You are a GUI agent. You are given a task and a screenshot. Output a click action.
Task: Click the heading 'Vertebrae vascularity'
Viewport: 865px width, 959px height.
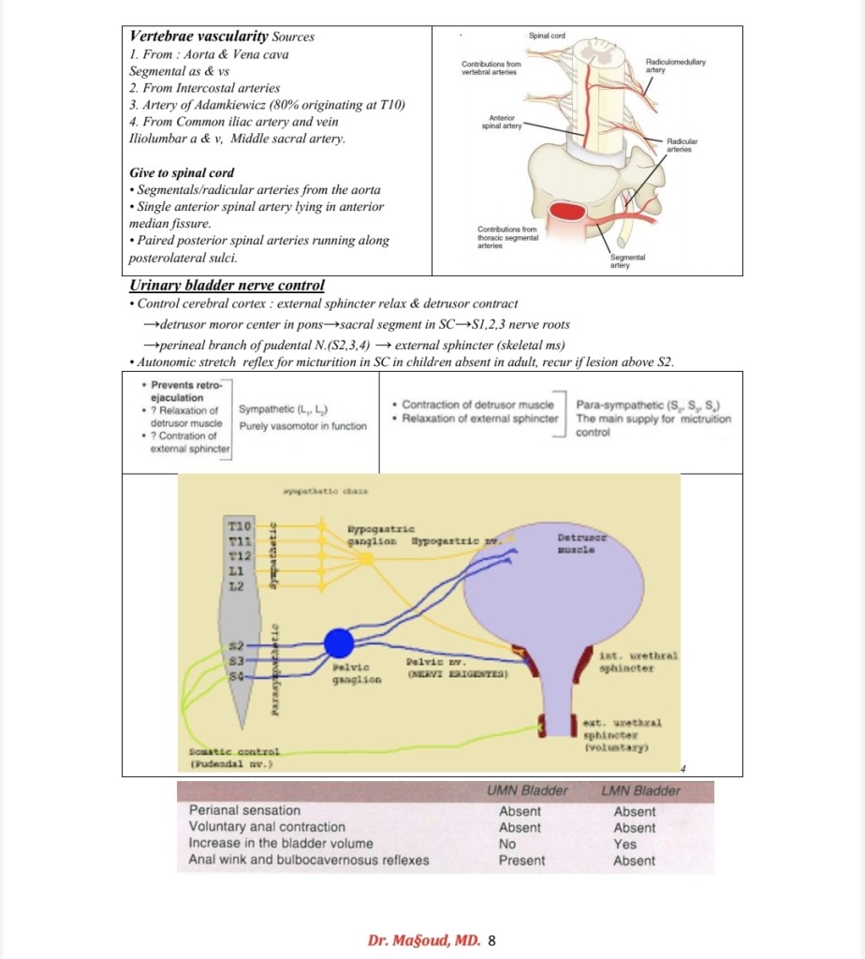point(198,37)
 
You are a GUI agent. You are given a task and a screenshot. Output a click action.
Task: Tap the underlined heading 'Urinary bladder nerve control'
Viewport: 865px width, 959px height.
point(227,286)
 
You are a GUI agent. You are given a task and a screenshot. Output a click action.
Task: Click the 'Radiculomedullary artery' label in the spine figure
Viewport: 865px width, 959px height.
point(675,66)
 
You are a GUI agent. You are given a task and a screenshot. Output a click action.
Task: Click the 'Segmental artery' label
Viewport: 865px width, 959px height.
point(620,261)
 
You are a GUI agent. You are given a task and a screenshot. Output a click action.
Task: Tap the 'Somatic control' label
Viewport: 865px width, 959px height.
point(233,751)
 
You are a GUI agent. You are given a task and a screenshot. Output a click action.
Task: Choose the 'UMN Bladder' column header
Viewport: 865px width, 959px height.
point(527,790)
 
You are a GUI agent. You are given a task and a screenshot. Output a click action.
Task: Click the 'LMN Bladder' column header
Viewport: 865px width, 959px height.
point(640,790)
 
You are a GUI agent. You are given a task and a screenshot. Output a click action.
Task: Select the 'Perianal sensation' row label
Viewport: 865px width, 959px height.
point(245,810)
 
